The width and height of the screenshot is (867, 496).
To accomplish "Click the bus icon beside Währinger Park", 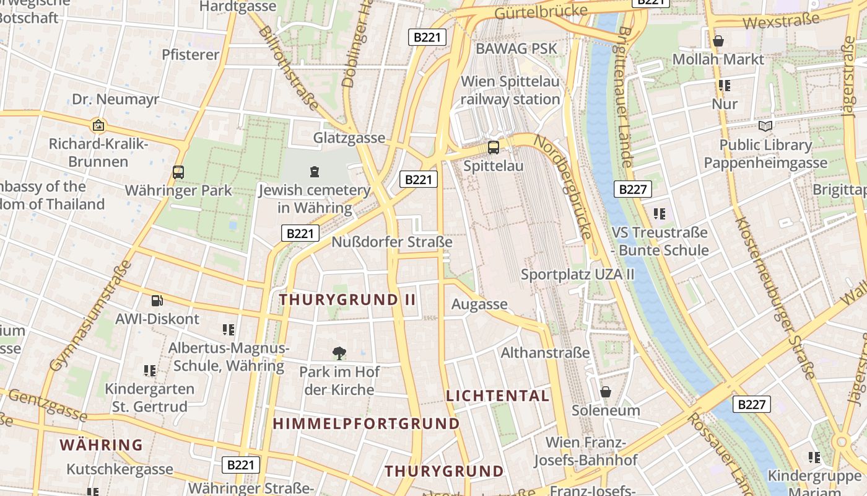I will (178, 172).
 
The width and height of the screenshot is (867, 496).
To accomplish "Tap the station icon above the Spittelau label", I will (493, 148).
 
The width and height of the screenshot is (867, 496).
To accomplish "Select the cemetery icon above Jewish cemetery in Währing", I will (315, 171).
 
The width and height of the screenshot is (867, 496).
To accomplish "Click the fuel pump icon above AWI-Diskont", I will (157, 301).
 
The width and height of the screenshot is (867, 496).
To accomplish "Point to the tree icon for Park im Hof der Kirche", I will (339, 353).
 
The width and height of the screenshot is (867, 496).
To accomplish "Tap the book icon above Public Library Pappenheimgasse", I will (765, 126).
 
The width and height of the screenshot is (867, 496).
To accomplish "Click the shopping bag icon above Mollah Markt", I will (718, 41).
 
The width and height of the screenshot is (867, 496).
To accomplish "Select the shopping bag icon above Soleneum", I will (606, 392).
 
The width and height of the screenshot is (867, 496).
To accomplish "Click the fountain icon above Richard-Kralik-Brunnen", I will (98, 126).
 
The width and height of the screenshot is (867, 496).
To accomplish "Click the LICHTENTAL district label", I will (497, 396).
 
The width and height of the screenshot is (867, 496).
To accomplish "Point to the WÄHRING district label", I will (102, 445).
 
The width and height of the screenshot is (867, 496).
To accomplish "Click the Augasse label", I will (479, 304).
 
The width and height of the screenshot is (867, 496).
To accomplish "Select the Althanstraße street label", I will (545, 353).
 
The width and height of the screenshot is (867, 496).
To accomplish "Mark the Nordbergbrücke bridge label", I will (564, 186).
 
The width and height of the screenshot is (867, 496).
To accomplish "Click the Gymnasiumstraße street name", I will (90, 315).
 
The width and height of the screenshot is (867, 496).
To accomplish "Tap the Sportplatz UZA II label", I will (577, 274).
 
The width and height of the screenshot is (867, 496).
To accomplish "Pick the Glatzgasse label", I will (349, 138).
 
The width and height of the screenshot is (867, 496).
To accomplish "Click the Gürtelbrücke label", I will (541, 12).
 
